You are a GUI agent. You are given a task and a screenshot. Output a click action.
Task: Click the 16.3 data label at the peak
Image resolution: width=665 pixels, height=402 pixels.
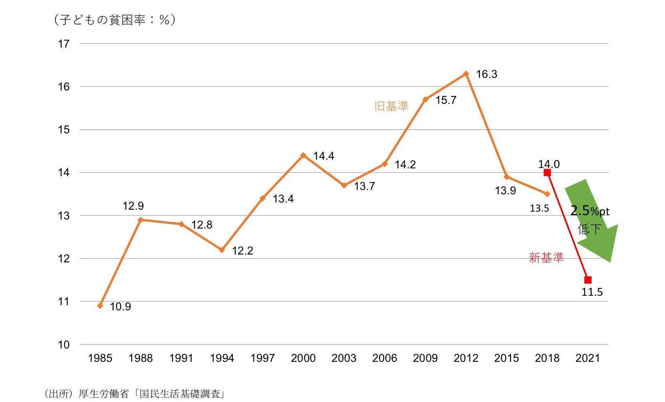(486, 74)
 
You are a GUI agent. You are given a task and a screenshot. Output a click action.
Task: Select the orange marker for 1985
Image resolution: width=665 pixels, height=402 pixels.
(100, 306)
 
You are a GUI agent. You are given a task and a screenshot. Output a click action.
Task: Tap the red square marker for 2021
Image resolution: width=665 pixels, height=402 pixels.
(588, 280)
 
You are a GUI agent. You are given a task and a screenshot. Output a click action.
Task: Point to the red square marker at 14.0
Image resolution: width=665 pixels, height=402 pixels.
(547, 173)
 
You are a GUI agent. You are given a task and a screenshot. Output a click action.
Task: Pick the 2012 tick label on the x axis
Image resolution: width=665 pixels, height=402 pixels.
(466, 358)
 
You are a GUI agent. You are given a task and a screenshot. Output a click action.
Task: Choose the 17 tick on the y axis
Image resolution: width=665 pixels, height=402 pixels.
(64, 44)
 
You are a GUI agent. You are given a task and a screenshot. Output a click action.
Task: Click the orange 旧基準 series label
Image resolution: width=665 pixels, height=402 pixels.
(392, 106)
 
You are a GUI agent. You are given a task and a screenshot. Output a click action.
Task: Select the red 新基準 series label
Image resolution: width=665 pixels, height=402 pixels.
(546, 258)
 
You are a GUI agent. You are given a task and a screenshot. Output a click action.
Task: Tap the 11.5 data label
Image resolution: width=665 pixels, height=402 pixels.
(592, 292)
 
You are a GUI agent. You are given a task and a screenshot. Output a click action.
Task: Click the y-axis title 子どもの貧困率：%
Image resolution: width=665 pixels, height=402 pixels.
(114, 20)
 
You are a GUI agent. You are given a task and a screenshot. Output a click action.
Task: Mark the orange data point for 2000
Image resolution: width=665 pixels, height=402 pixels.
(303, 155)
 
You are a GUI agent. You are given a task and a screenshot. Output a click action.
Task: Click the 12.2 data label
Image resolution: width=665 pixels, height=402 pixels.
(242, 251)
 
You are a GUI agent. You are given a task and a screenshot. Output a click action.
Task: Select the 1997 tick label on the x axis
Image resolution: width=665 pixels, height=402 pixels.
(263, 358)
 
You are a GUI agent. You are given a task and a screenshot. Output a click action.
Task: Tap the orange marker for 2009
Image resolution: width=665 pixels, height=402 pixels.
(425, 100)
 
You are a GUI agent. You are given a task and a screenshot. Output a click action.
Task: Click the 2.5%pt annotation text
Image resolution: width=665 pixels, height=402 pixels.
(589, 211)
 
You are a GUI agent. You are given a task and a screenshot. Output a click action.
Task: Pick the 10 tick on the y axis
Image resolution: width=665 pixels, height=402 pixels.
(64, 345)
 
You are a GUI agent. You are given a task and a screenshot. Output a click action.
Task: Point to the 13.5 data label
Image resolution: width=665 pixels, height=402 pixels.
(539, 208)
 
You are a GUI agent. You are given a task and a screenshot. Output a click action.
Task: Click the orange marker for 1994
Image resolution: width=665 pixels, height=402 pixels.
(222, 250)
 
